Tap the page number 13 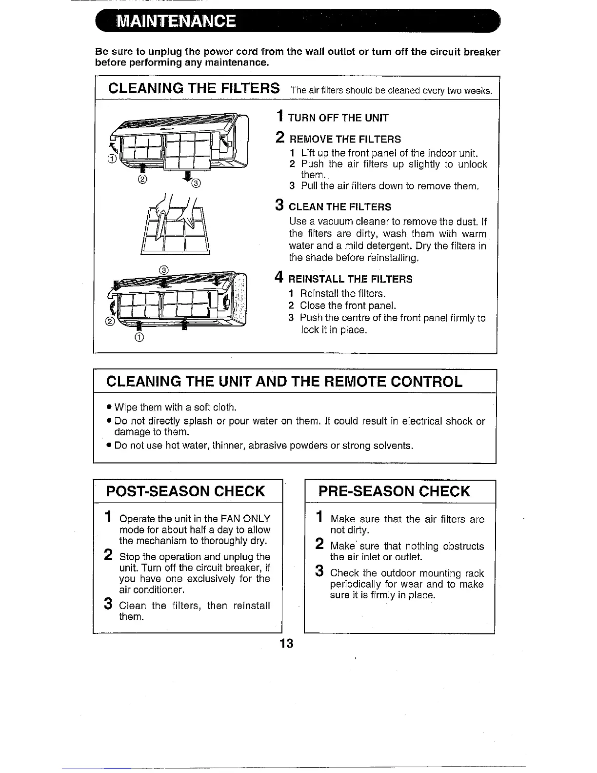pyautogui.click(x=287, y=643)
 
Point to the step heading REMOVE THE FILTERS pyautogui.click(x=344, y=139)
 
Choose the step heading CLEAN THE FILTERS pyautogui.click(x=340, y=207)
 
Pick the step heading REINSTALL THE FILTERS pyautogui.click(x=350, y=279)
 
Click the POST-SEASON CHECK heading pyautogui.click(x=185, y=491)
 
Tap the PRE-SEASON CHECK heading pyautogui.click(x=394, y=491)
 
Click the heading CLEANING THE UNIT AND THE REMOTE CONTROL pyautogui.click(x=284, y=381)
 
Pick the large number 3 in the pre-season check pyautogui.click(x=319, y=571)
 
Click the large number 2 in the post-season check pyautogui.click(x=108, y=555)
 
